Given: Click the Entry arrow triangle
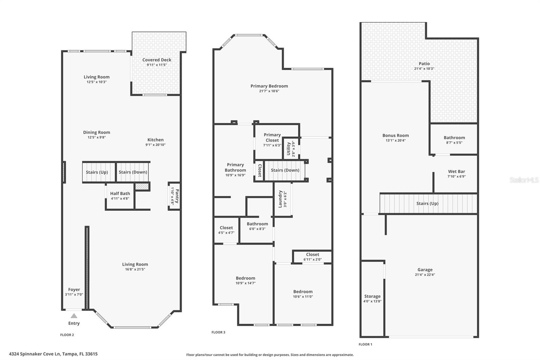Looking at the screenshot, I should [x=74, y=316].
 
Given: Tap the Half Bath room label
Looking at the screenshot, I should [x=120, y=194].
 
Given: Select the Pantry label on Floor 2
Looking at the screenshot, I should [x=177, y=196].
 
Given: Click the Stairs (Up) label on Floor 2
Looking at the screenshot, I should [x=97, y=172].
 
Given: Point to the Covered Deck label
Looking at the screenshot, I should [x=157, y=60].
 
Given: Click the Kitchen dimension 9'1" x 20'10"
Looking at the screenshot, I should [x=155, y=145].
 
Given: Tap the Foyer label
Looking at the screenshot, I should [x=74, y=289].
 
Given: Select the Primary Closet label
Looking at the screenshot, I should [x=272, y=137].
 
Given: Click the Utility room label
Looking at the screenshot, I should [x=289, y=149].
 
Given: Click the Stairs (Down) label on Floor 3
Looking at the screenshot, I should [x=285, y=170].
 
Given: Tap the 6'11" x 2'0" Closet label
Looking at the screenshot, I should [x=313, y=255].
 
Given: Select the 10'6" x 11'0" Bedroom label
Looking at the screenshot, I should [x=303, y=292].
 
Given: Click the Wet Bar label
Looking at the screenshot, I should [x=456, y=172].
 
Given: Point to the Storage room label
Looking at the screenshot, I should [x=372, y=296].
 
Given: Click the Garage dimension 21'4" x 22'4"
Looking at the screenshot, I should [x=425, y=275].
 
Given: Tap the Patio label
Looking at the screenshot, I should [x=424, y=63].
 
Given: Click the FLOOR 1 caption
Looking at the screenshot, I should [x=365, y=344].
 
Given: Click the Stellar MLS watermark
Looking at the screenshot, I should [x=524, y=180].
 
